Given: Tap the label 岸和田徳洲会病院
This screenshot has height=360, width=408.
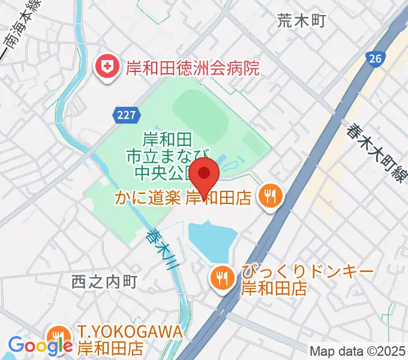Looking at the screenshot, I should click(192, 66).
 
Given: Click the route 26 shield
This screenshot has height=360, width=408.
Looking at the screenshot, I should click(374, 59).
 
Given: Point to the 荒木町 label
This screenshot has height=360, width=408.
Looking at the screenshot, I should click(301, 21).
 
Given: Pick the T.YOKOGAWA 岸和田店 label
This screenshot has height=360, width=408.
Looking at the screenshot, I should click(128, 340).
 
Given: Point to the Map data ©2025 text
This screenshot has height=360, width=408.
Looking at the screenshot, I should click(358, 351).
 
